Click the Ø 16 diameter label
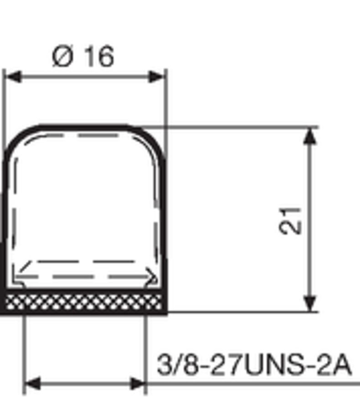pos(83,57)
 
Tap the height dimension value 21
pos(291,221)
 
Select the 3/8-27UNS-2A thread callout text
pos(254,365)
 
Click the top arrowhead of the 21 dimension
pos(309,135)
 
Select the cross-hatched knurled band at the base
pos(85,302)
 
